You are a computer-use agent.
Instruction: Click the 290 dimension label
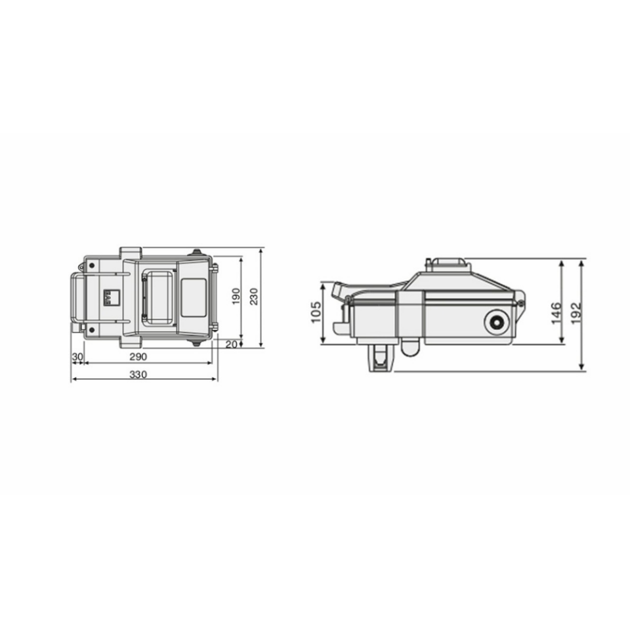click(138, 356)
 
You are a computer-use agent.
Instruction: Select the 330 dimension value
click(138, 374)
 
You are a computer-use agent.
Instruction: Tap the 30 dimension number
click(77, 356)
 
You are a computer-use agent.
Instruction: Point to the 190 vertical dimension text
click(236, 297)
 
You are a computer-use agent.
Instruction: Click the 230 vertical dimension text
click(255, 297)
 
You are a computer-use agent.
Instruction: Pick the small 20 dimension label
click(231, 345)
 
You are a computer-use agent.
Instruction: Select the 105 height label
click(316, 313)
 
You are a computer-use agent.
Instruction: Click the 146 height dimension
click(556, 313)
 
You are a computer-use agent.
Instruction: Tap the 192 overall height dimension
click(576, 313)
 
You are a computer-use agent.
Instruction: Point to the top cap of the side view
click(448, 264)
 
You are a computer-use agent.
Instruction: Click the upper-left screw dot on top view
click(91, 265)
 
